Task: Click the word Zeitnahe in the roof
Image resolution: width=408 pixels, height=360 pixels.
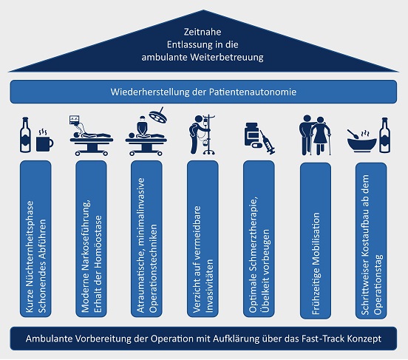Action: [203, 32]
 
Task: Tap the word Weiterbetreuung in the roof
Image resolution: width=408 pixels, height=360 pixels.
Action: [227, 57]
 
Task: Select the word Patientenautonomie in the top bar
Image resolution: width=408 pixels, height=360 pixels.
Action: [253, 92]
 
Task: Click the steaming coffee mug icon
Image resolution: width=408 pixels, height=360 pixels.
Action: [45, 140]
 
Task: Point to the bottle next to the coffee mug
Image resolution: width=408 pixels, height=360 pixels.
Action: [25, 135]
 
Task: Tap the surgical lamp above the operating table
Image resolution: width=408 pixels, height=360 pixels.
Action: [158, 115]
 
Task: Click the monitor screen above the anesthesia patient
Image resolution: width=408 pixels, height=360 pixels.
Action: [75, 120]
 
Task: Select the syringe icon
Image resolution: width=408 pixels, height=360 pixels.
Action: [268, 142]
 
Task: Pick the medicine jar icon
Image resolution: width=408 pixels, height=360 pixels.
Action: [251, 135]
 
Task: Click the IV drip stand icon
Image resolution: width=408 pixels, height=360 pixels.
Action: [208, 135]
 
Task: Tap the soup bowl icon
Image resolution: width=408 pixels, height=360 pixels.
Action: [362, 142]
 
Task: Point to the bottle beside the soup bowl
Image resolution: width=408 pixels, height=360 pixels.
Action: [385, 135]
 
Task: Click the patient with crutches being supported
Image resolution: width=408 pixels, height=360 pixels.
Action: [322, 136]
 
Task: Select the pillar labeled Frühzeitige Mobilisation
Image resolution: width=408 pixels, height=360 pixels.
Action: [316, 240]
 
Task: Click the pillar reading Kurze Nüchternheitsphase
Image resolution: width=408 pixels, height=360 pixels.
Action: [35, 239]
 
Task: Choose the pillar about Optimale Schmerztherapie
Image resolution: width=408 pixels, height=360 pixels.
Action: [259, 239]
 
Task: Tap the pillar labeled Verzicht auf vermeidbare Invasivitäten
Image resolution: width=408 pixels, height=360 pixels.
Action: [203, 239]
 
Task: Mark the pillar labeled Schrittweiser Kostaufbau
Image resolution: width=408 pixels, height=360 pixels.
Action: [371, 240]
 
